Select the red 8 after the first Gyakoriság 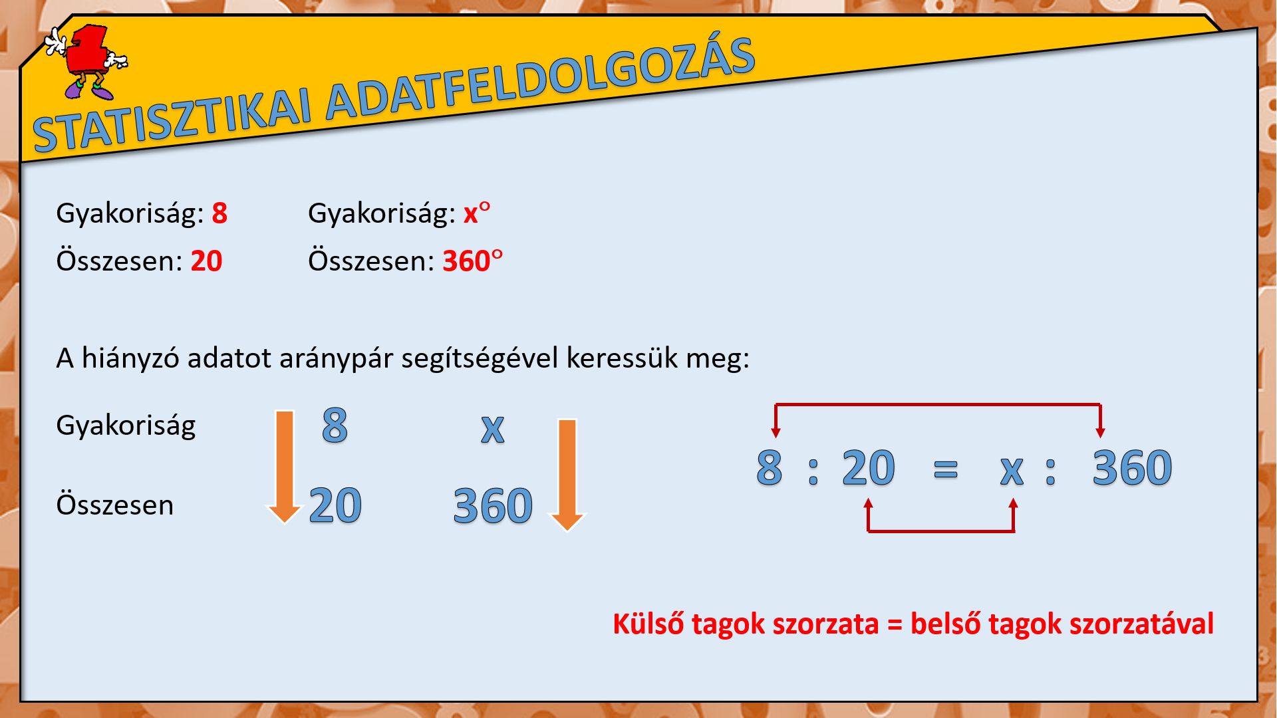click(x=219, y=213)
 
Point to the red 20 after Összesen click(x=206, y=261)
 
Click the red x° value click(x=477, y=213)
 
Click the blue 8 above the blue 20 click(x=335, y=425)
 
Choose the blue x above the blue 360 click(x=493, y=429)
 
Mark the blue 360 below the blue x click(x=493, y=506)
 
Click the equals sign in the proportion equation click(x=946, y=469)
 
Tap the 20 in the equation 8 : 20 click(x=869, y=467)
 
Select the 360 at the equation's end click(x=1132, y=467)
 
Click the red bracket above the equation click(x=938, y=404)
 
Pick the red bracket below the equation click(x=940, y=531)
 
